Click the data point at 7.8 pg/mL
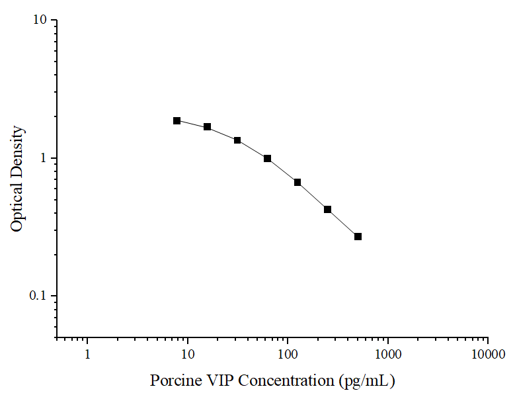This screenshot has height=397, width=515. pyautogui.click(x=177, y=120)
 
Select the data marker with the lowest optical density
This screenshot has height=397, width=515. pyautogui.click(x=358, y=236)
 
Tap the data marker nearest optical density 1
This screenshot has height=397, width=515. pyautogui.click(x=267, y=158)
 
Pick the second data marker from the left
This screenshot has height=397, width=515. pyautogui.click(x=207, y=126)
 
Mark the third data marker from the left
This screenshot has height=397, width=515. pyautogui.click(x=237, y=140)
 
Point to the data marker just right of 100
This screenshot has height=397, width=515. pyautogui.click(x=297, y=182)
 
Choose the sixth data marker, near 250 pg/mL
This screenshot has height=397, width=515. pyautogui.click(x=327, y=209)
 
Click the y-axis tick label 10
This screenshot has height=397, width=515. pyautogui.click(x=40, y=21)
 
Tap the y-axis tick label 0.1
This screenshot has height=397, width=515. pyautogui.click(x=38, y=296)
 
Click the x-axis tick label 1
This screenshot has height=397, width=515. pyautogui.click(x=87, y=355)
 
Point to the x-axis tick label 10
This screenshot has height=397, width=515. pyautogui.click(x=188, y=355)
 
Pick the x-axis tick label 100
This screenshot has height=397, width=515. pyautogui.click(x=288, y=355)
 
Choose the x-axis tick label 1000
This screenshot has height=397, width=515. pyautogui.click(x=387, y=355)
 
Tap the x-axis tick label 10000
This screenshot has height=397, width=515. pyautogui.click(x=487, y=355)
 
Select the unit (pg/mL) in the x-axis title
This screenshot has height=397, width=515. pyautogui.click(x=366, y=381)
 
